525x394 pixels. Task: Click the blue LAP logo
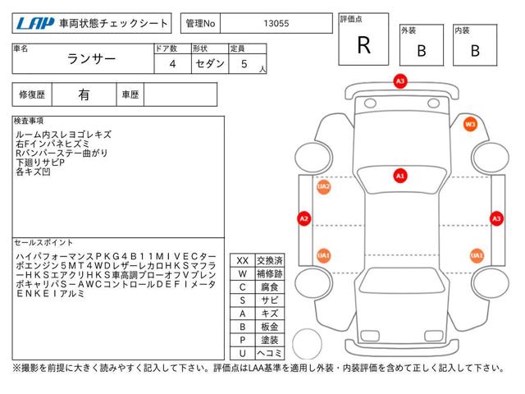click(34, 24)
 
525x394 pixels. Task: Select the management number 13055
click(276, 24)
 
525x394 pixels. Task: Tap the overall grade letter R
click(364, 45)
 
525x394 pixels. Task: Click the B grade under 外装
click(422, 51)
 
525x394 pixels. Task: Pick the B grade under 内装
click(475, 51)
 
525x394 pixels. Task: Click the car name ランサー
click(91, 59)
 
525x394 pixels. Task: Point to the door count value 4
click(172, 64)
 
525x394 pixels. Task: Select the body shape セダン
click(210, 63)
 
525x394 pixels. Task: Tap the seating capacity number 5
click(244, 64)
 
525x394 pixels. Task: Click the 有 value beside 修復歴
click(84, 95)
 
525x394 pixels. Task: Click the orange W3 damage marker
click(470, 124)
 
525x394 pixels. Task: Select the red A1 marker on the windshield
click(400, 176)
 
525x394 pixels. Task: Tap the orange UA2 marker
click(323, 186)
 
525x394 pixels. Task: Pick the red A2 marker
click(304, 219)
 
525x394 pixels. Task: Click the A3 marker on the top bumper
click(400, 81)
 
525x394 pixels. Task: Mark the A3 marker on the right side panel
click(496, 219)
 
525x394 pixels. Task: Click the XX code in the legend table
click(243, 261)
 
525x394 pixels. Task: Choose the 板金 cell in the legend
click(270, 327)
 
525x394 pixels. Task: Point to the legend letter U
click(243, 353)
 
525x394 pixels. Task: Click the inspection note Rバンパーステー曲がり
click(62, 153)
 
